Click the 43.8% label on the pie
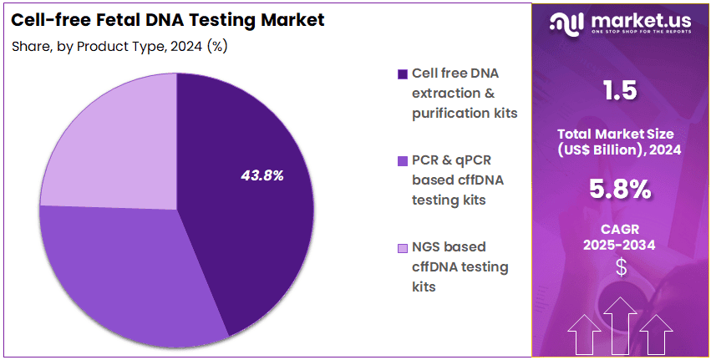[262, 175]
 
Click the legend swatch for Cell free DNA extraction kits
[404, 74]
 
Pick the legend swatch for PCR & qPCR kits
[404, 160]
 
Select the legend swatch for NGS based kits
[404, 248]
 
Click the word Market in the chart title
[287, 18]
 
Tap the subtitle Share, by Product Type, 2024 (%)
[119, 47]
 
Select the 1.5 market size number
[619, 91]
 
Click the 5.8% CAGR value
[619, 190]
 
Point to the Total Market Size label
[619, 134]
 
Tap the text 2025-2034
[619, 246]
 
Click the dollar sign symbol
[620, 267]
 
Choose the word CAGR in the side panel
[619, 229]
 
